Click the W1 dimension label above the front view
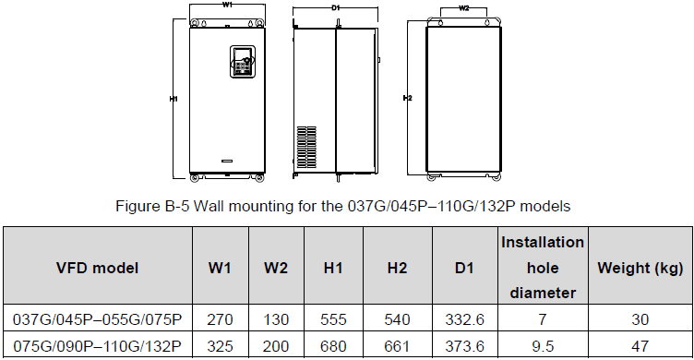[x=228, y=5]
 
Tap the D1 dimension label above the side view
[x=335, y=7]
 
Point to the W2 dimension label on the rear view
[x=463, y=8]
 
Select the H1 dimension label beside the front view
[x=173, y=99]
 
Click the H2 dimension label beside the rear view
[x=407, y=98]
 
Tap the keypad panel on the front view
[x=241, y=62]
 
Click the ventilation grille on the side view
[x=306, y=148]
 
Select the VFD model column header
[x=98, y=268]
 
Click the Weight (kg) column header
[x=640, y=268]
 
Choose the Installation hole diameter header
[x=543, y=268]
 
